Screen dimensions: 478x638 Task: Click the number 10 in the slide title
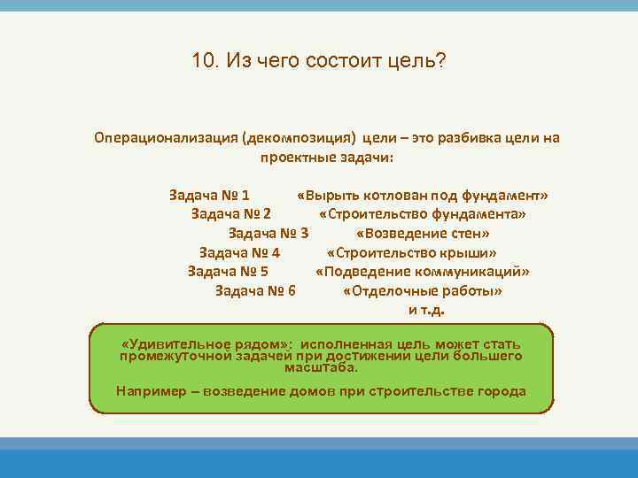(202, 61)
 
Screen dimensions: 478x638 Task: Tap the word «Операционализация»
(166, 138)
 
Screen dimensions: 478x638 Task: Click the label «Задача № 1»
(209, 194)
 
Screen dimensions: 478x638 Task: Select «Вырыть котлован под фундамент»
(424, 194)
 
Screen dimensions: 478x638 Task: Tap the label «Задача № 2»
(231, 213)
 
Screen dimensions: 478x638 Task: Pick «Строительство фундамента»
(423, 213)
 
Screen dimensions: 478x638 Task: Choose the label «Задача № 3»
(268, 233)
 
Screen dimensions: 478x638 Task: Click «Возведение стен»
(423, 233)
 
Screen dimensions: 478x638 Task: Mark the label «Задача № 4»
(239, 252)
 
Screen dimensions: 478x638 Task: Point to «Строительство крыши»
(423, 252)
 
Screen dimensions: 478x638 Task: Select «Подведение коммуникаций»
(423, 272)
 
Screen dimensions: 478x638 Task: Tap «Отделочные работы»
(423, 291)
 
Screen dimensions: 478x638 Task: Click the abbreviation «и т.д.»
(426, 310)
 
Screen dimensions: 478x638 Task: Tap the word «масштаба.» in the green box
(322, 366)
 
